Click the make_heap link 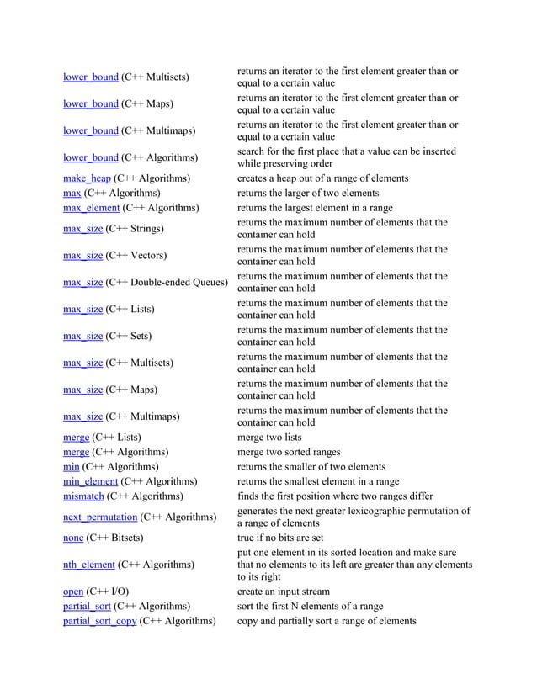click(87, 178)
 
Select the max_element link click(91, 207)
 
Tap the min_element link click(90, 481)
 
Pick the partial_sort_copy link click(99, 622)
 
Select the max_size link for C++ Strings click(82, 228)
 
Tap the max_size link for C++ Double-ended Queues click(82, 282)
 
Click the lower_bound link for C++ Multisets click(90, 77)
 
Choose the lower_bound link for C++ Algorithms click(90, 158)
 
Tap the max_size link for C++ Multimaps click(82, 416)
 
